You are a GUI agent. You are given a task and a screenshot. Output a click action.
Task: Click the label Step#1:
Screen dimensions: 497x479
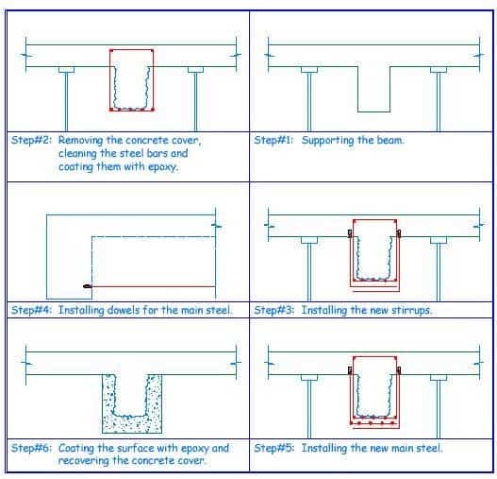273,140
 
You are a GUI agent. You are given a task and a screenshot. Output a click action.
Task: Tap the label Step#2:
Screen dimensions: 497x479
31,140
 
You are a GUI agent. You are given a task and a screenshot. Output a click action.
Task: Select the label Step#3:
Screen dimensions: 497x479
273,310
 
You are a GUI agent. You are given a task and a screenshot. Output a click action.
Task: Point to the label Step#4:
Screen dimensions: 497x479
31,310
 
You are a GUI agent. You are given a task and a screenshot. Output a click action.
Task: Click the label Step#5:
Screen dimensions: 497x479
273,448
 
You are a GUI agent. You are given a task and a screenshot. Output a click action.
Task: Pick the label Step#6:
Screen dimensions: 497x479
31,448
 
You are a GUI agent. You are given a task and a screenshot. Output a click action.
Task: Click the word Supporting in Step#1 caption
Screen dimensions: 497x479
327,141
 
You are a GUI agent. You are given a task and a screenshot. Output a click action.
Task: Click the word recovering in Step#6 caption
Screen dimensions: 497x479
83,461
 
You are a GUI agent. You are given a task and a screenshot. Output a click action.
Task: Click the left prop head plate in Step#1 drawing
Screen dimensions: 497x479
309,70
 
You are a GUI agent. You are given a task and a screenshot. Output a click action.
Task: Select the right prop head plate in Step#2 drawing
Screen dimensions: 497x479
195,70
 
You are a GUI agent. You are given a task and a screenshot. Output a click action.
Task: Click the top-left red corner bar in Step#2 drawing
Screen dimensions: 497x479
111,50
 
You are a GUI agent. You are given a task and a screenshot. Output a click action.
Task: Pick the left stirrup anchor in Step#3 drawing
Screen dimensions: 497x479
350,233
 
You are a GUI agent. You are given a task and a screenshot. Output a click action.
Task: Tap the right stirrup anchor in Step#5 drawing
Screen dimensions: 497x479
399,370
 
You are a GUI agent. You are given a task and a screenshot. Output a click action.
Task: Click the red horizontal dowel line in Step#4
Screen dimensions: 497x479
154,286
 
